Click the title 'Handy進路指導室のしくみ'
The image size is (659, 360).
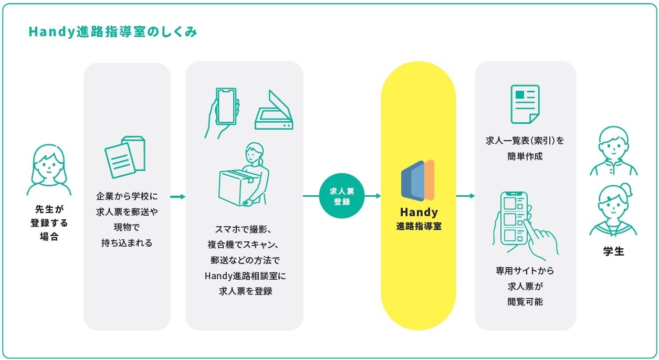click(x=113, y=32)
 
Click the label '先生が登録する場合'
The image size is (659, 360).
click(x=49, y=223)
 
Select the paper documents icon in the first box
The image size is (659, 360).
click(x=126, y=156)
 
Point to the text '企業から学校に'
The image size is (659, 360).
click(x=127, y=196)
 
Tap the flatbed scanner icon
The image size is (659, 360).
click(x=274, y=111)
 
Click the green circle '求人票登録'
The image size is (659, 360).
click(x=342, y=196)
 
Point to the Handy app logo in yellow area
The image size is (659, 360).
click(x=418, y=180)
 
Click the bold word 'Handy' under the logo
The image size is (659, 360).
click(x=419, y=213)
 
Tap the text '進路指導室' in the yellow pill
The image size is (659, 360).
click(x=419, y=226)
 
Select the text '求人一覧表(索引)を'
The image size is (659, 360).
click(x=525, y=141)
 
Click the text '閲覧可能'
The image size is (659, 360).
click(x=525, y=301)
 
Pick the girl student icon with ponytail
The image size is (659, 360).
click(x=613, y=210)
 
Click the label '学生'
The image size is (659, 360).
click(x=613, y=251)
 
